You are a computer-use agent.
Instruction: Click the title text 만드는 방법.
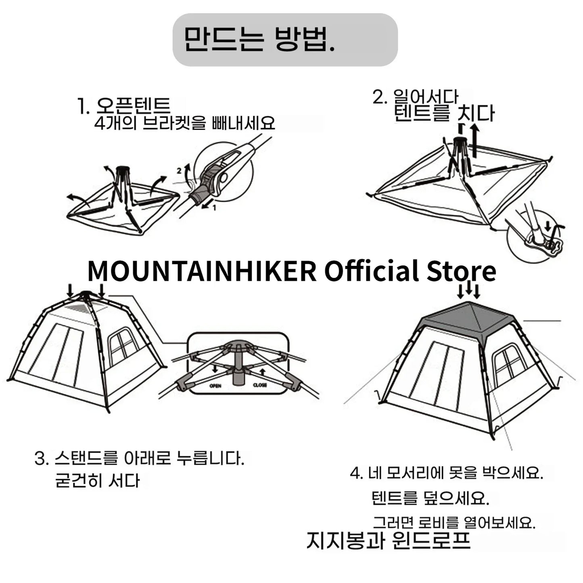[259, 40]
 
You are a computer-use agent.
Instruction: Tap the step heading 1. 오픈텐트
[124, 106]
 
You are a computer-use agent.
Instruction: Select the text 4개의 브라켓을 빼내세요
[184, 123]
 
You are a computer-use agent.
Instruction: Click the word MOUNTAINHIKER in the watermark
[202, 271]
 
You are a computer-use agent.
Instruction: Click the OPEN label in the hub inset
[215, 386]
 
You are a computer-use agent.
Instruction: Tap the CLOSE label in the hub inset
[260, 385]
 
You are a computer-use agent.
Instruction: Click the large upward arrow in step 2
[476, 141]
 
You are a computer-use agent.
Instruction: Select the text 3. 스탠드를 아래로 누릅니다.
[140, 459]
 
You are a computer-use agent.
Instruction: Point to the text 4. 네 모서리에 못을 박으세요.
[446, 473]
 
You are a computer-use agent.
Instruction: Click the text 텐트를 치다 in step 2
[444, 113]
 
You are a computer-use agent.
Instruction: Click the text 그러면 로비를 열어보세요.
[453, 523]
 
